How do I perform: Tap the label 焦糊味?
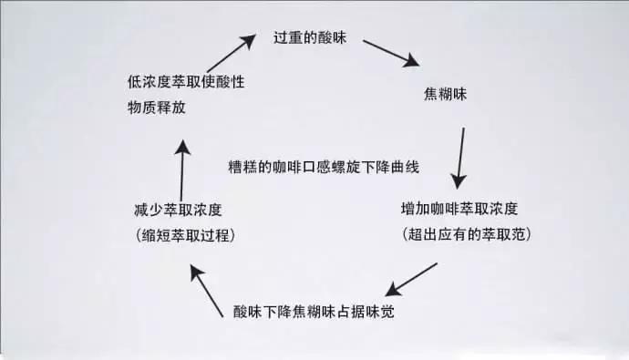coord(447,94)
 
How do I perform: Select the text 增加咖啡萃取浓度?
coord(465,208)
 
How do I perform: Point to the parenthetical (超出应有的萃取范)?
coord(466,234)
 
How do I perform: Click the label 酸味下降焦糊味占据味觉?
coord(314,311)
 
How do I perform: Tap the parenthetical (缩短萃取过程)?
coord(185,235)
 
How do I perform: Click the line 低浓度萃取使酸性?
coord(186,82)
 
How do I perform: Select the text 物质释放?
coord(157,108)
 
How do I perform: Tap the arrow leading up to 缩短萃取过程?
coord(206,288)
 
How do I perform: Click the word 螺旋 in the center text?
coord(350,168)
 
